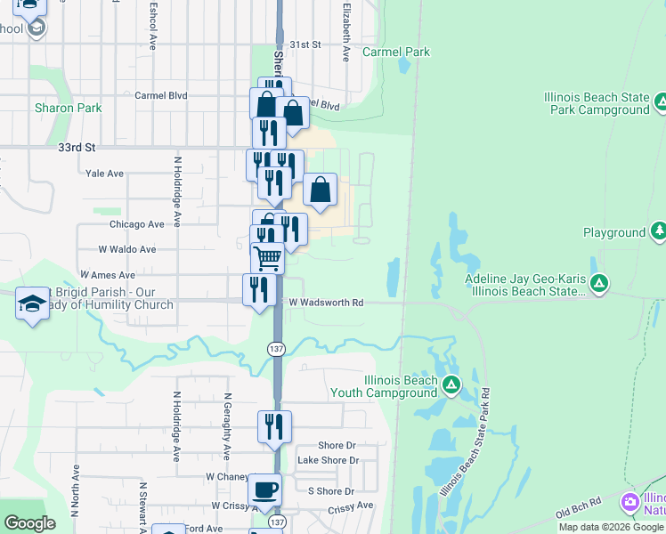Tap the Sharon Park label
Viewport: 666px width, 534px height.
pyautogui.click(x=68, y=109)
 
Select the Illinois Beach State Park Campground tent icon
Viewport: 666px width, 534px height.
pyautogui.click(x=661, y=101)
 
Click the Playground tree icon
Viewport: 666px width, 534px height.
pyautogui.click(x=659, y=232)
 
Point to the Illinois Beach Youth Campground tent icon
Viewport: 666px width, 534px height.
pyautogui.click(x=451, y=385)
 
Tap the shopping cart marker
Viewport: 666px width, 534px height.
pyautogui.click(x=267, y=258)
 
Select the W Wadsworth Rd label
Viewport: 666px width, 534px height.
pyautogui.click(x=326, y=303)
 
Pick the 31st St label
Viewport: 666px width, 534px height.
pyautogui.click(x=305, y=44)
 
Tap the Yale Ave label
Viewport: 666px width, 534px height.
pyautogui.click(x=104, y=174)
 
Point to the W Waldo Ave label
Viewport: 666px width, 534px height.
pyautogui.click(x=127, y=250)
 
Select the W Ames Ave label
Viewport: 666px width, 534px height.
pyautogui.click(x=108, y=276)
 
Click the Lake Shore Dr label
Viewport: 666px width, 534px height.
pyautogui.click(x=328, y=460)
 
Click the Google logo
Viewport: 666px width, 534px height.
pyautogui.click(x=29, y=523)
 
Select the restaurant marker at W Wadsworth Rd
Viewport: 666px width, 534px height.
pyautogui.click(x=258, y=290)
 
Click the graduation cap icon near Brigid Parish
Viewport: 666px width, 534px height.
pyautogui.click(x=31, y=303)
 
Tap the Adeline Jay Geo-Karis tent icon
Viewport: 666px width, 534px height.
pyautogui.click(x=600, y=284)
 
